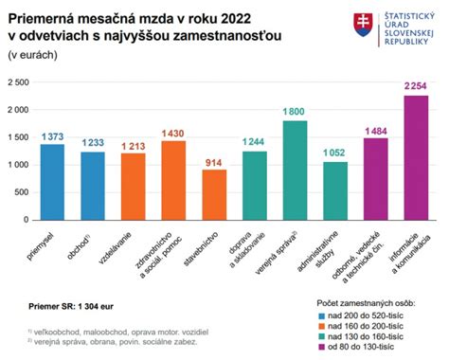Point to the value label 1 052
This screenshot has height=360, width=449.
[x=335, y=153]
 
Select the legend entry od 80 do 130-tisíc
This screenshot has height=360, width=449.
[x=365, y=347]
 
